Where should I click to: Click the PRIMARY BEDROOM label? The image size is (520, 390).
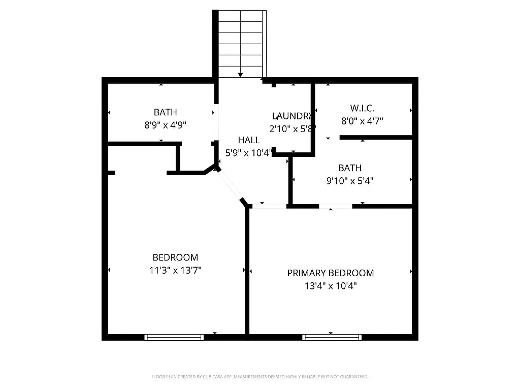click(x=331, y=273)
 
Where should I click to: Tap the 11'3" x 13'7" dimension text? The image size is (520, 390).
click(x=175, y=270)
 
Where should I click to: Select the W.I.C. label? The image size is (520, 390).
click(x=362, y=108)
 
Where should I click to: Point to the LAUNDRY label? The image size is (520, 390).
click(x=291, y=116)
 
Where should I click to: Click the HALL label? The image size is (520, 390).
click(x=249, y=140)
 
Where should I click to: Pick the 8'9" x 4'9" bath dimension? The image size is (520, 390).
click(x=165, y=125)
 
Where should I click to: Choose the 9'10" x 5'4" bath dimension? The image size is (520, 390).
click(x=350, y=180)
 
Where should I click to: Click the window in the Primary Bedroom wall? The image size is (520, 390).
click(x=332, y=337)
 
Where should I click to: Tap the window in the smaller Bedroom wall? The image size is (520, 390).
click(x=174, y=337)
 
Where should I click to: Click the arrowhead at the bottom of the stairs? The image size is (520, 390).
click(x=240, y=75)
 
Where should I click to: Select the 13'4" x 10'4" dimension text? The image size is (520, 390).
click(x=331, y=286)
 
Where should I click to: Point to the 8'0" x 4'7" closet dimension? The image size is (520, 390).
click(x=362, y=121)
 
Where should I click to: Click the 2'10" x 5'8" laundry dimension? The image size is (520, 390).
click(x=292, y=129)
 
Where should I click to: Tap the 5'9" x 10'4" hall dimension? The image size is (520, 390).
click(x=249, y=153)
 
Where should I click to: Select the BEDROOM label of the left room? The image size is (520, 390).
click(x=175, y=257)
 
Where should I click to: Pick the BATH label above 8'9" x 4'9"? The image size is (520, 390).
click(x=165, y=112)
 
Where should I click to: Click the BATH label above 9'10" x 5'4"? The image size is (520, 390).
click(x=350, y=168)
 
